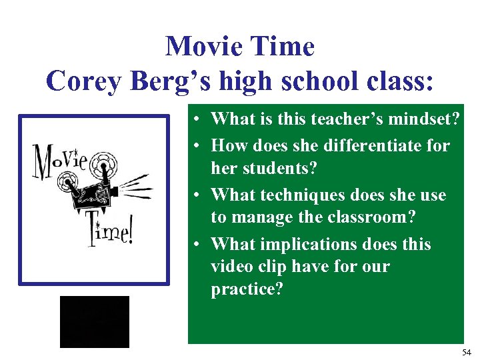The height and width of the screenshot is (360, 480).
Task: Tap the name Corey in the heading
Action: pyautogui.click(x=79, y=81)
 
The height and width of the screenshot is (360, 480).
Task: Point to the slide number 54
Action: pyautogui.click(x=465, y=351)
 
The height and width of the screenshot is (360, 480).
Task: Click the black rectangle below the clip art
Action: pyautogui.click(x=94, y=322)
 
